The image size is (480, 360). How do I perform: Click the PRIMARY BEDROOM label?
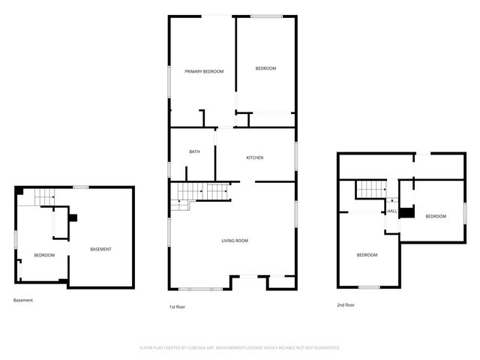click(x=205, y=71)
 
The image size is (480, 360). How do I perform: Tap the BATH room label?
click(x=194, y=152)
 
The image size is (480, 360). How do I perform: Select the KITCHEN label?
click(x=256, y=157)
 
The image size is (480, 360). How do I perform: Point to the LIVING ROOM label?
click(x=234, y=241)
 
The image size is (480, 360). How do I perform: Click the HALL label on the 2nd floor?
click(x=392, y=211)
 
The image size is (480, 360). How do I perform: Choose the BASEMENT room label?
click(x=100, y=249)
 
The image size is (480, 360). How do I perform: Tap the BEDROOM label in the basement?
click(x=44, y=255)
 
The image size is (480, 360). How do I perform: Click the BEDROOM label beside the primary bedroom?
click(x=265, y=69)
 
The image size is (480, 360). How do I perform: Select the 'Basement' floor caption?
click(x=23, y=300)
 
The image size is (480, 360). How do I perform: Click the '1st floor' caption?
click(x=177, y=306)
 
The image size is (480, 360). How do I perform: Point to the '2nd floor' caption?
click(x=346, y=304)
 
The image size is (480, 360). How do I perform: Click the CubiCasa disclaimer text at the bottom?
click(x=240, y=347)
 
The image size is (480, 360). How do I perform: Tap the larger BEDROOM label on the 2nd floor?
click(x=367, y=255)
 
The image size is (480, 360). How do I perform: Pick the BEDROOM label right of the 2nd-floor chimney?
click(x=436, y=216)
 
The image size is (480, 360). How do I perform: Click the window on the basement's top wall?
click(x=81, y=187)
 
